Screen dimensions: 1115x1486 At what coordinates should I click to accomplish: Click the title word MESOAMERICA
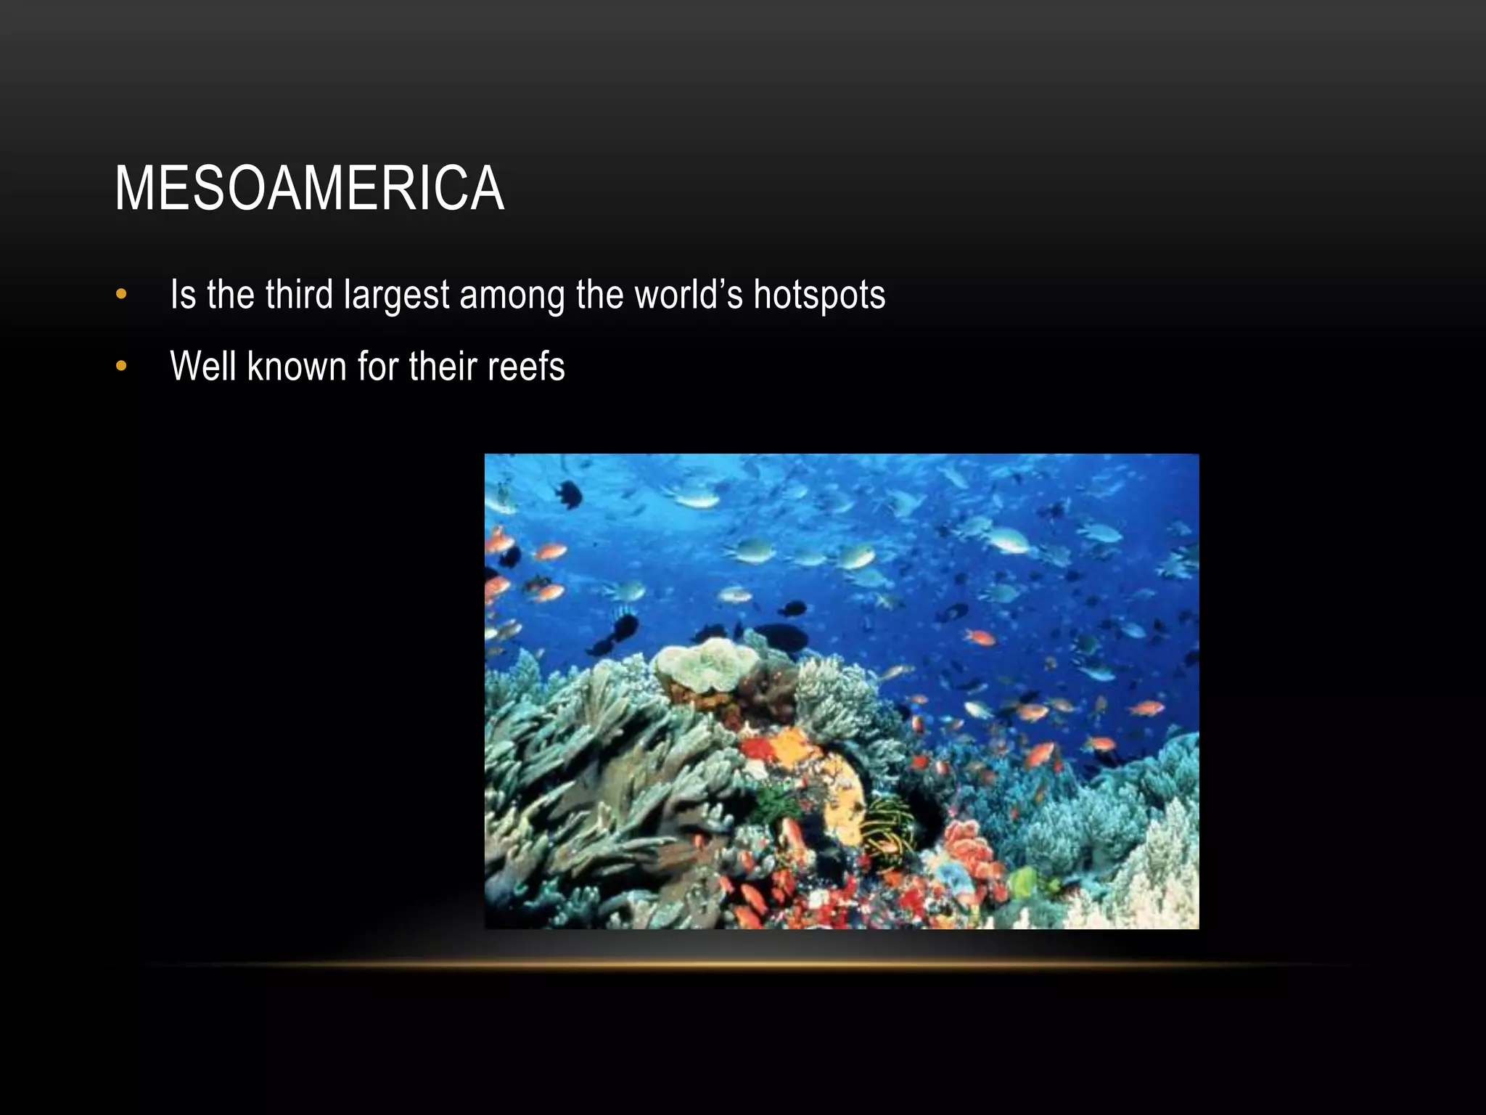point(309,189)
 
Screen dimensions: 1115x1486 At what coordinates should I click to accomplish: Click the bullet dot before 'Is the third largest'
point(121,295)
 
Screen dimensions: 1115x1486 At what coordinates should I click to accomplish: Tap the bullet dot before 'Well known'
point(121,366)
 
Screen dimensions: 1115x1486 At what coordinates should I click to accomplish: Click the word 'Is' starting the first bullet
point(183,295)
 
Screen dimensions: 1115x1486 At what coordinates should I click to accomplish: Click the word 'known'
point(297,366)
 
